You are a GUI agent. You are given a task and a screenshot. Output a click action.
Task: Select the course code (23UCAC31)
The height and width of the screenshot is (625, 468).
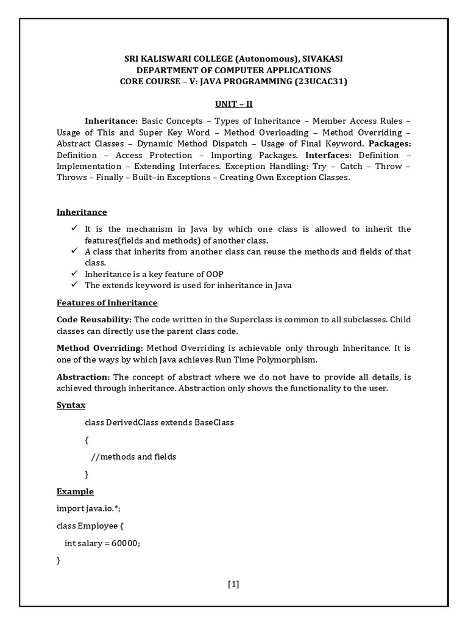[x=321, y=81]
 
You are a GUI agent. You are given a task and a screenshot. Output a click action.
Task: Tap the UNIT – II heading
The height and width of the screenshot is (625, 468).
[x=233, y=104]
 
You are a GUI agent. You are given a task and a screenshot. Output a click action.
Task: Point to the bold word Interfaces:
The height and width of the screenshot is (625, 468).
[x=327, y=155]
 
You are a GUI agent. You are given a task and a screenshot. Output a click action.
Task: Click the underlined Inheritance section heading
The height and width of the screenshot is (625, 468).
[x=82, y=212]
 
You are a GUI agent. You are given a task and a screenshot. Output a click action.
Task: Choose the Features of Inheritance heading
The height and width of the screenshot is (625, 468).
[x=107, y=303]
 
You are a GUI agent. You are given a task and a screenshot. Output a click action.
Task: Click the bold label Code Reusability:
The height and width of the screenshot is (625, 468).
[x=94, y=319]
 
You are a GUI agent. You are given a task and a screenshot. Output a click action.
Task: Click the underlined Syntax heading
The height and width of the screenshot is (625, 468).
[x=71, y=405]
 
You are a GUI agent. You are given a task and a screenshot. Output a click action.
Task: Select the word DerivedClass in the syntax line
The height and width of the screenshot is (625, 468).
[x=132, y=422]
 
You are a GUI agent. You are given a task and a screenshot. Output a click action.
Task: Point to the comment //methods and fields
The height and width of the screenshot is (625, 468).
[x=133, y=457]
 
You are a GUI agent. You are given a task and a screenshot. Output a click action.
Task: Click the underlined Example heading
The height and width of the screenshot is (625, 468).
[x=75, y=491]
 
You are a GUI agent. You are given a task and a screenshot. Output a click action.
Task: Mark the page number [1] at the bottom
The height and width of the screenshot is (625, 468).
[x=233, y=584]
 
